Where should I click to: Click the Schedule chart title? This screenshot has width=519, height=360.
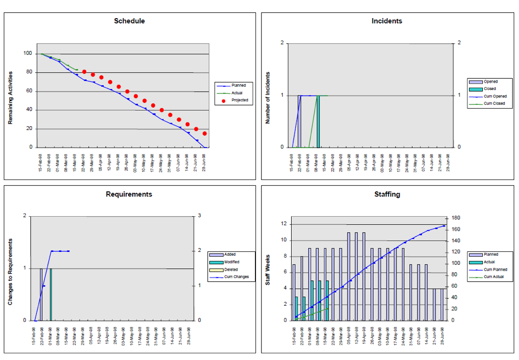click(x=129, y=21)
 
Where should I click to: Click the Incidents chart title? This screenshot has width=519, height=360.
click(x=387, y=21)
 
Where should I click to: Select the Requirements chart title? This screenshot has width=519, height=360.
click(x=129, y=194)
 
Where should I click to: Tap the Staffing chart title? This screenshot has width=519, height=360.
click(x=387, y=194)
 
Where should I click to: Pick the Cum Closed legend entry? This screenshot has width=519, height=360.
click(x=493, y=103)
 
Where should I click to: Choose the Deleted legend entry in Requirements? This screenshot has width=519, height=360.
click(x=231, y=269)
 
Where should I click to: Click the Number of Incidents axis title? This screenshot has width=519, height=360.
click(x=268, y=98)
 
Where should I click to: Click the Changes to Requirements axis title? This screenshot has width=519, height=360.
click(x=10, y=272)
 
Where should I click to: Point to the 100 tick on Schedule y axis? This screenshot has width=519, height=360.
click(x=27, y=54)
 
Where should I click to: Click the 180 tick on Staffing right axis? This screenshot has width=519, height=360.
click(x=455, y=218)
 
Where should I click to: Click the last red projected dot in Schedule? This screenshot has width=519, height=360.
click(x=204, y=134)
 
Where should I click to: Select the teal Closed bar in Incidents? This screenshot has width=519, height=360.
click(x=318, y=121)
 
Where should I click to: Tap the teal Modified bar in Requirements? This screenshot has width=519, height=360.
click(x=51, y=294)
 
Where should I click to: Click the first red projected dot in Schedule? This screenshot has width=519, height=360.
click(x=84, y=71)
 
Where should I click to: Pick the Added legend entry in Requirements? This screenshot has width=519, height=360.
click(x=230, y=255)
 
